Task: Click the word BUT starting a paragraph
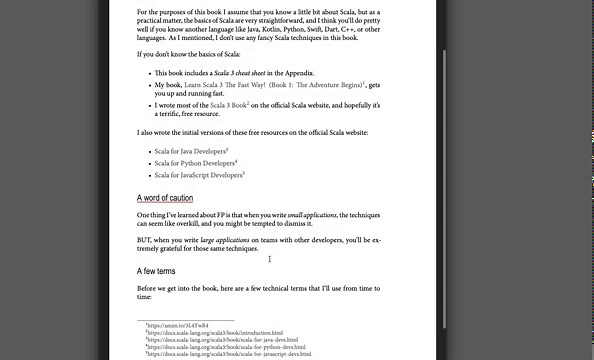tap(145, 241)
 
